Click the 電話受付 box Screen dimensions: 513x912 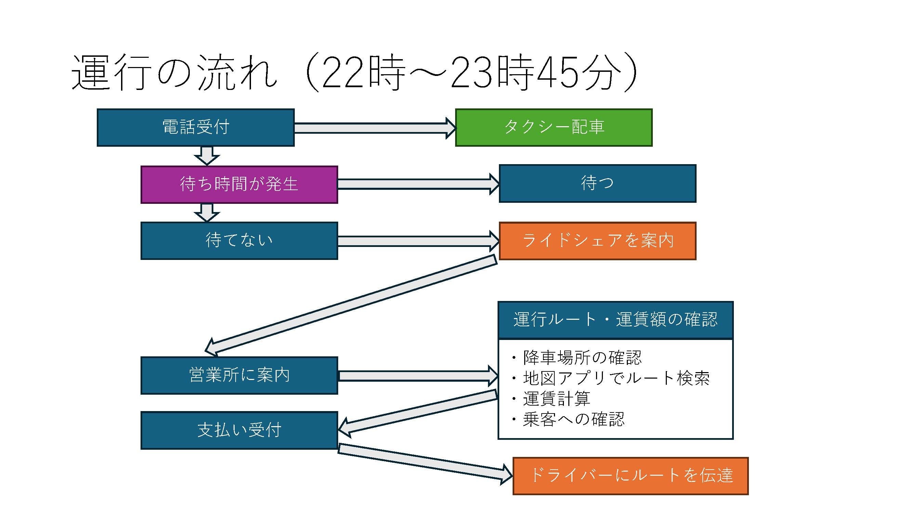196,128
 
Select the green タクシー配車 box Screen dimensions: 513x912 553,128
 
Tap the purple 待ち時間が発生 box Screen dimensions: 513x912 239,184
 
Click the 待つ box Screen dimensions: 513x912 597,183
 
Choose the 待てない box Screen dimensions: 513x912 239,241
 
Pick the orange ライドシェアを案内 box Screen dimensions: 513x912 597,241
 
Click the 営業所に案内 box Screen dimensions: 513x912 239,375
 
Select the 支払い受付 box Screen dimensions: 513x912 239,430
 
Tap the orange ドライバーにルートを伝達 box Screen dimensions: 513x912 630,476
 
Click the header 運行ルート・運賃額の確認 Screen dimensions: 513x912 615,320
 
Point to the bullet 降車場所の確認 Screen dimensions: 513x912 582,358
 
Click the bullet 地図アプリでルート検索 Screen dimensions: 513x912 616,379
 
